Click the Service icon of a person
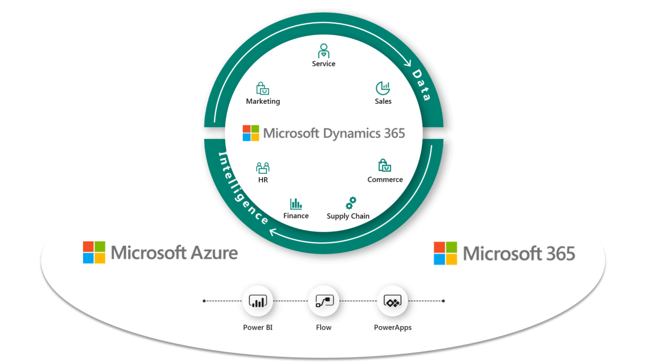(323, 51)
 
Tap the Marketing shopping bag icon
(262, 89)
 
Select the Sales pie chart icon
(383, 88)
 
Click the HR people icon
(263, 167)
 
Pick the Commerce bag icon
(385, 165)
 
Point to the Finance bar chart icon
(296, 204)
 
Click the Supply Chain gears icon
(350, 203)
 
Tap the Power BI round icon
(258, 301)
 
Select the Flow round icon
(323, 301)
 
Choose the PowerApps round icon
(392, 301)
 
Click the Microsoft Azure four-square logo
(94, 252)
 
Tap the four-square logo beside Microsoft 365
(445, 253)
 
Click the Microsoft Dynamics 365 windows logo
(250, 133)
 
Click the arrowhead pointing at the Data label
(407, 64)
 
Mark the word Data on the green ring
(421, 85)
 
